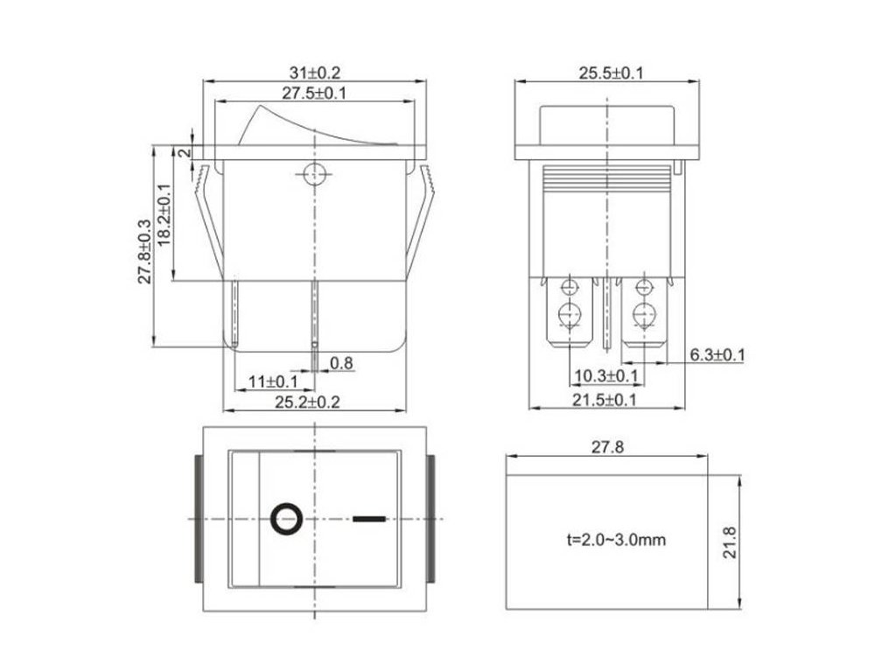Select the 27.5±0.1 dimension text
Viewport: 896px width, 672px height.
[x=314, y=94]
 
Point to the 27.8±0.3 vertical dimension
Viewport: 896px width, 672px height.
[x=144, y=251]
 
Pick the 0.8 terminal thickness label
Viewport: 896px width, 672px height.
[x=341, y=363]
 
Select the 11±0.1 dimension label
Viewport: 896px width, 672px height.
[x=272, y=381]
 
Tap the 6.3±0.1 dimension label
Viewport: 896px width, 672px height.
[x=717, y=354]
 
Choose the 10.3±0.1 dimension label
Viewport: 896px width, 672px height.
[x=605, y=377]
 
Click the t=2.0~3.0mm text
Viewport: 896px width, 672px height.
[x=615, y=540]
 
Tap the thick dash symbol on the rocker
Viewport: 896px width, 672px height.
[x=368, y=519]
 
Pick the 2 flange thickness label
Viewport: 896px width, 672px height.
[x=183, y=152]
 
